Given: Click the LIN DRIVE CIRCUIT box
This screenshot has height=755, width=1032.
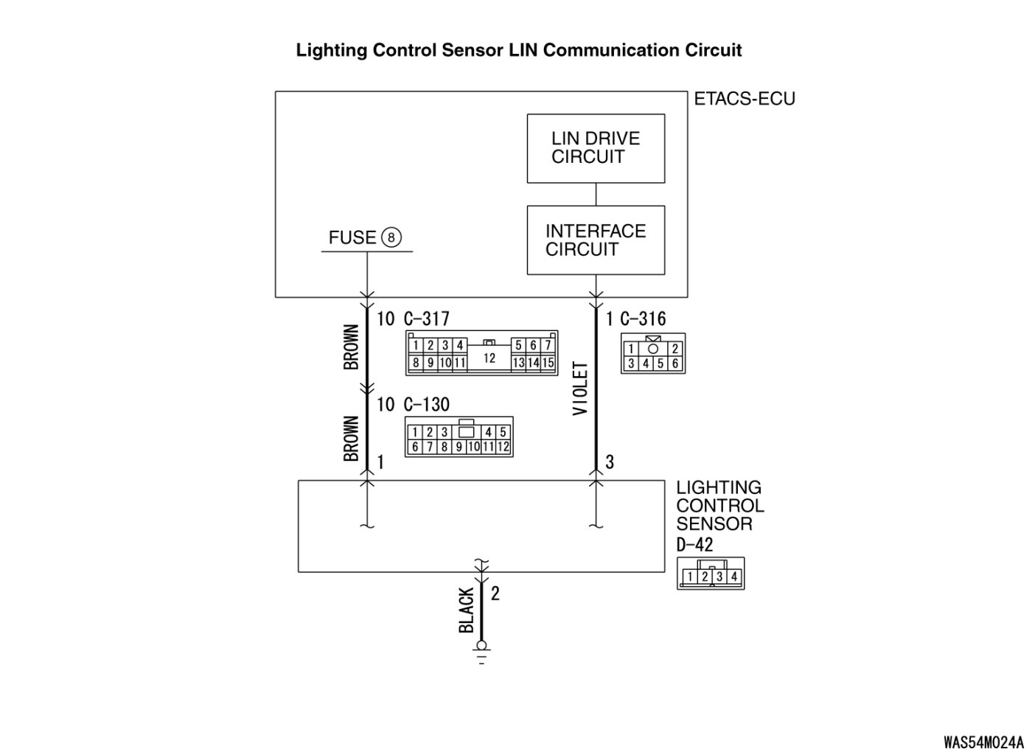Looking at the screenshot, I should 596,148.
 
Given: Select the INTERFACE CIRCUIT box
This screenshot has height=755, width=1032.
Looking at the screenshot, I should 596,240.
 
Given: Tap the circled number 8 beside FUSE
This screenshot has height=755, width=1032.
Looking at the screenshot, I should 391,237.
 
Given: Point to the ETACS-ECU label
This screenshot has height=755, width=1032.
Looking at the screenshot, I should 745,99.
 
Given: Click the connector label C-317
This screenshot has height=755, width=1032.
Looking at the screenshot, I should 426,319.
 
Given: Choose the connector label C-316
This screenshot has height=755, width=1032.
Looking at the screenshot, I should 643,319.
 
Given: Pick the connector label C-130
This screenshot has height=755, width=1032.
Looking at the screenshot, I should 426,404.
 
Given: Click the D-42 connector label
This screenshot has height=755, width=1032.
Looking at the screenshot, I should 694,545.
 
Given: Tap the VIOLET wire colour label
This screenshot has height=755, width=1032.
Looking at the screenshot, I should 581,389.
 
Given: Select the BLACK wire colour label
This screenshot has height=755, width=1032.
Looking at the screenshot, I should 467,610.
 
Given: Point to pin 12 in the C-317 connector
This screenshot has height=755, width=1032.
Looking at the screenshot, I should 489,358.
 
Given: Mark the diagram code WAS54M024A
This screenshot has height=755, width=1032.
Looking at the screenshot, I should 983,741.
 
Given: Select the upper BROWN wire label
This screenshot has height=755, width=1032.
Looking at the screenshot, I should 352,347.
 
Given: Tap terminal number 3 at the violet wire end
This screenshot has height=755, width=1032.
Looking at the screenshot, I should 610,462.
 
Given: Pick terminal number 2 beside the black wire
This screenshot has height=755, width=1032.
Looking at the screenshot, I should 495,593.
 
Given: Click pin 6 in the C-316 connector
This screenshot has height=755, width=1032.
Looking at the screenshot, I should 674,363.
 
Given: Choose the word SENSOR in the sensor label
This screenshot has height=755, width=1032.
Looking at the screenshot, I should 714,524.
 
